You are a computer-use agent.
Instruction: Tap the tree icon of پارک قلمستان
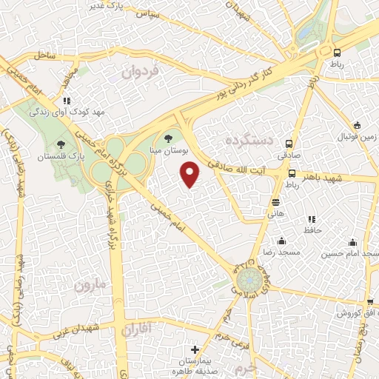(61, 144)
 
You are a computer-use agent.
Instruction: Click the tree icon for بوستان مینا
(170, 137)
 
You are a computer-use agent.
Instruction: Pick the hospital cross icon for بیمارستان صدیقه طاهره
(195, 349)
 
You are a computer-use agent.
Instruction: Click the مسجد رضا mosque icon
(281, 241)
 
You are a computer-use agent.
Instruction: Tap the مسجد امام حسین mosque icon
(352, 242)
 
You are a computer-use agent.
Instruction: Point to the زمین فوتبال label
(358, 138)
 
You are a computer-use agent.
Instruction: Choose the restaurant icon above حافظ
(311, 219)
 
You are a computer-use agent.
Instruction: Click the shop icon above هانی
(275, 201)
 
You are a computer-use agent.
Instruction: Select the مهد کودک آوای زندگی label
(59, 112)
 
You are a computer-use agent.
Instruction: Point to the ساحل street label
(44, 54)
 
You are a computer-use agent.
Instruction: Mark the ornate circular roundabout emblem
(248, 280)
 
